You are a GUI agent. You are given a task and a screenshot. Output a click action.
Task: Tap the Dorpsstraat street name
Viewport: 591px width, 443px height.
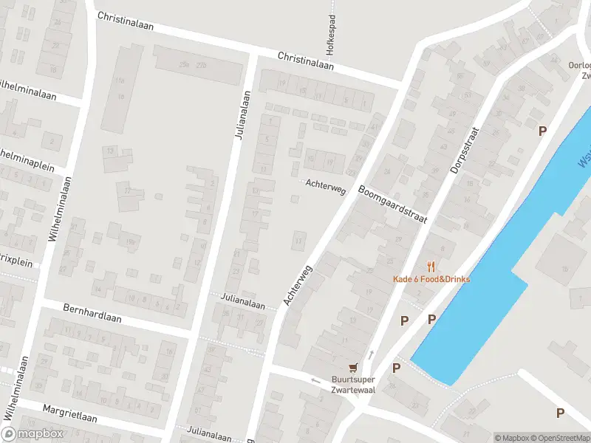pos(465,151)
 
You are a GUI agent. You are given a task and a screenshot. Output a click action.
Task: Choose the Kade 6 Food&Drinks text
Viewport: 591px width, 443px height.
pos(431,279)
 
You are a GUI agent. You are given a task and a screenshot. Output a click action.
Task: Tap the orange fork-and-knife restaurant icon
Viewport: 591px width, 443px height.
pos(431,267)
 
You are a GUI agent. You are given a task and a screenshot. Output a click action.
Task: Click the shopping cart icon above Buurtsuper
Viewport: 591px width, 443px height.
pos(354,367)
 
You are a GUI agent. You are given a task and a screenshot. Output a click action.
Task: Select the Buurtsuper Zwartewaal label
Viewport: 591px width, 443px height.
pos(354,384)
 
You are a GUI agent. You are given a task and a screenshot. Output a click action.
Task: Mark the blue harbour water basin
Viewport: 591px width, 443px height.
pos(480,295)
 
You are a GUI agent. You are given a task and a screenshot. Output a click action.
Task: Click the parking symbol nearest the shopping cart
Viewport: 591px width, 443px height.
pos(396,368)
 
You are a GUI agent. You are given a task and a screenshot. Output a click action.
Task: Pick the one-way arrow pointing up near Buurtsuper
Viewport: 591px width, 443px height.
pos(371,355)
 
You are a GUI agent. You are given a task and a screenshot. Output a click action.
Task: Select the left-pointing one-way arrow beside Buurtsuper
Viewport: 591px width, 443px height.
pos(315,381)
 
